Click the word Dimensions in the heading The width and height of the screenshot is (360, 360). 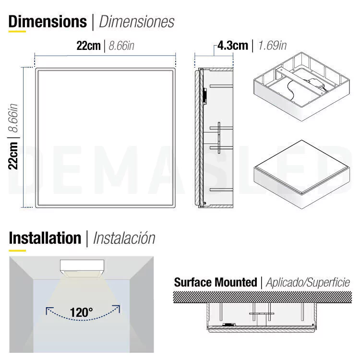tap(48, 22)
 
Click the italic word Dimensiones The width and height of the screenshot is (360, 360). tap(137, 22)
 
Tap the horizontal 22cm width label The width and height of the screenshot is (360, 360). tap(89, 46)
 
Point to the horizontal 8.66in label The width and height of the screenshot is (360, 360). tap(121, 46)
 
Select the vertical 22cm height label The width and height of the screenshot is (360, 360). tap(13, 156)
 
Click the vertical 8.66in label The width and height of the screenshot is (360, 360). tap(13, 118)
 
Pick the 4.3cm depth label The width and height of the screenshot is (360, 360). tap(233, 46)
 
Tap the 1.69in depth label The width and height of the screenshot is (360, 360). tap(273, 46)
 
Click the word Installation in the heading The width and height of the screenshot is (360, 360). tap(45, 238)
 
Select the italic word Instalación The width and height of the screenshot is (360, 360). tap(124, 238)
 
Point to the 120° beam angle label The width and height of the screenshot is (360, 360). tap(82, 312)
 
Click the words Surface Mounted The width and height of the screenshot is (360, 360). tap(216, 282)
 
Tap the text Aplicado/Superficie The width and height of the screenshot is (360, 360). tap(308, 282)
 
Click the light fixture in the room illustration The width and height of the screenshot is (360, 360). tap(82, 269)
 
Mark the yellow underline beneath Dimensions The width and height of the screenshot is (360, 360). tap(17, 32)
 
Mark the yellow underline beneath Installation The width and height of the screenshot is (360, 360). tap(17, 251)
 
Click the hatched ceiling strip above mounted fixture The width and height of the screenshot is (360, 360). tap(263, 297)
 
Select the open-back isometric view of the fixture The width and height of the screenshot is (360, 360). tap(302, 87)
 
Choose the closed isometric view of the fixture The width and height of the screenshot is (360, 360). tap(302, 175)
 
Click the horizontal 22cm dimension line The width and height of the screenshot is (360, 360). tap(105, 55)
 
